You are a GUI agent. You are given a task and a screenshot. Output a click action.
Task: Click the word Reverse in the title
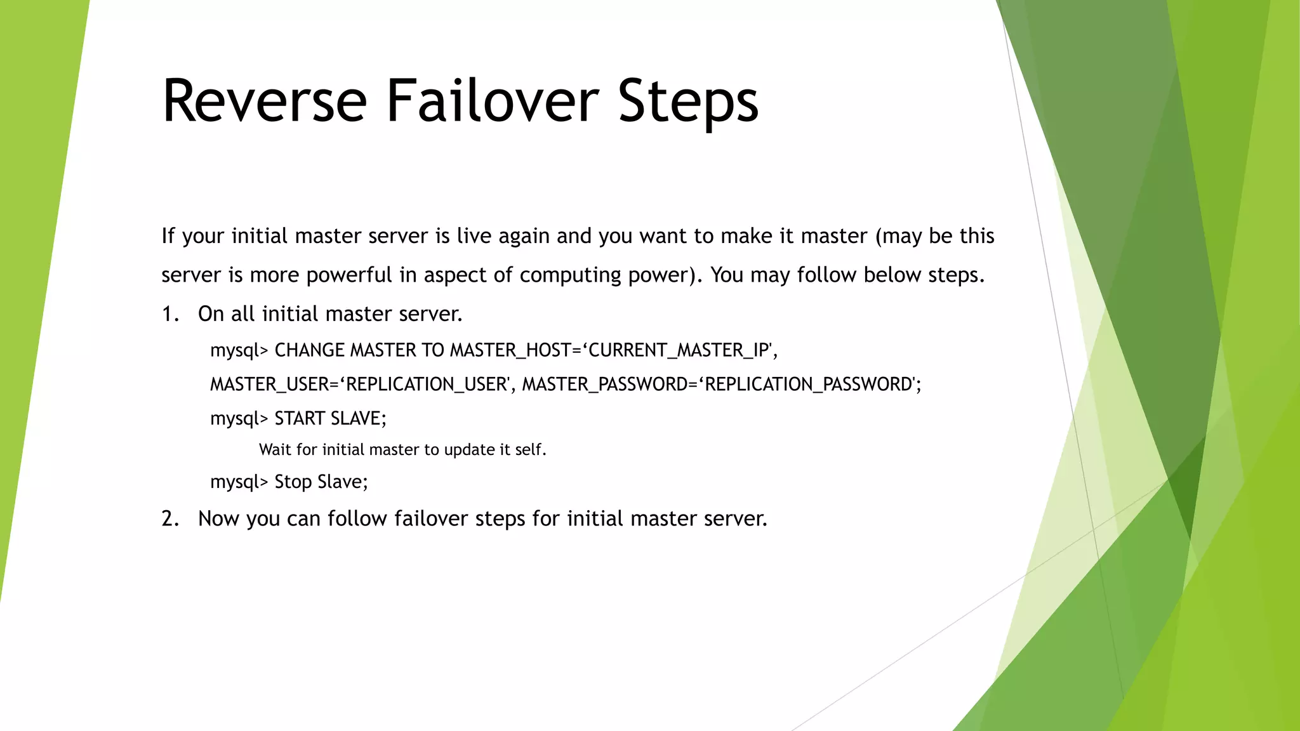pyautogui.click(x=264, y=102)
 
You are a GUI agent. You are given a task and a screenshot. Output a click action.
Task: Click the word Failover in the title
pyautogui.click(x=492, y=102)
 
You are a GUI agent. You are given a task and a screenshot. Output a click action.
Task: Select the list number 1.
pyautogui.click(x=170, y=314)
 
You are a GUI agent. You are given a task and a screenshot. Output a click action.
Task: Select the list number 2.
pyautogui.click(x=170, y=519)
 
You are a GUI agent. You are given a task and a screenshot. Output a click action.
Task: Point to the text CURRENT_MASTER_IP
pyautogui.click(x=679, y=350)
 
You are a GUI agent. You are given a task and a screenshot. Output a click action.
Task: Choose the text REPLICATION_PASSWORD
pyautogui.click(x=809, y=385)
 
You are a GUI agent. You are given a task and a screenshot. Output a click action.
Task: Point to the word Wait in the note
pyautogui.click(x=275, y=450)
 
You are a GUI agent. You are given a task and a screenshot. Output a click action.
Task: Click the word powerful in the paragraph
pyautogui.click(x=349, y=275)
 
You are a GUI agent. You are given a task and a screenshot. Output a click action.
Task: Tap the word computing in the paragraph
pyautogui.click(x=570, y=275)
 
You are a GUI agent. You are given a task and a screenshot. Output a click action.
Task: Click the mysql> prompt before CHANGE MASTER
pyautogui.click(x=239, y=351)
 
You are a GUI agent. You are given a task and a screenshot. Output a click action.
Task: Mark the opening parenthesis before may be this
pyautogui.click(x=879, y=237)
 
